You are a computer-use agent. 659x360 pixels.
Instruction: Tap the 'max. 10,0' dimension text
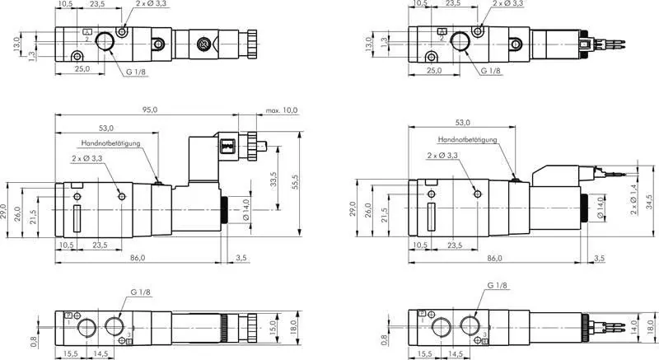click(282, 110)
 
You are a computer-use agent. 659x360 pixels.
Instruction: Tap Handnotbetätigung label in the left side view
click(113, 143)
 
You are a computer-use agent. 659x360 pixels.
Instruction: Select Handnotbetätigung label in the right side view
click(467, 140)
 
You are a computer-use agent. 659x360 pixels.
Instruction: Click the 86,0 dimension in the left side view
click(138, 258)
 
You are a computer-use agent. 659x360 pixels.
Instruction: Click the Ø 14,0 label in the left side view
click(245, 211)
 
